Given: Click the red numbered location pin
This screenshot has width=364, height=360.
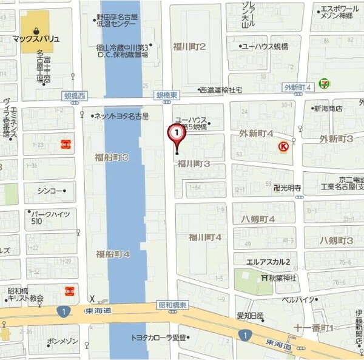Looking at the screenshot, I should point(176,132).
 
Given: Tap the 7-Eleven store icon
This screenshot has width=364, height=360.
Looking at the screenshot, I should point(326,82).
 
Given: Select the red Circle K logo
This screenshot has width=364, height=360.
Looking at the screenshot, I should point(283,146).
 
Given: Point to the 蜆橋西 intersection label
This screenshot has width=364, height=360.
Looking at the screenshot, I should point(75,95).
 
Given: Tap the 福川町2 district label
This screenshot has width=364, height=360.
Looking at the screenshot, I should point(189,46).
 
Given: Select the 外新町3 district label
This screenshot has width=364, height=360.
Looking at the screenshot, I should point(337,139).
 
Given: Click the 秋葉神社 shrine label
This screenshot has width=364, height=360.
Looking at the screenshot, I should point(279,277).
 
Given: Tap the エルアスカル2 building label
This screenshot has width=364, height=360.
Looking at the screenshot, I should point(268,262).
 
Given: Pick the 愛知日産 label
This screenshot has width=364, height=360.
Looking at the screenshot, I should point(250,315).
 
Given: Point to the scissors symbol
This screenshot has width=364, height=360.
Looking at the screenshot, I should point(92,299).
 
